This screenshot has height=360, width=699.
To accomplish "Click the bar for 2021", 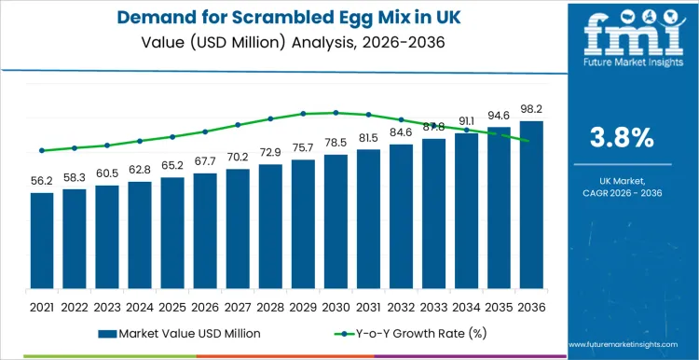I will click(x=42, y=246).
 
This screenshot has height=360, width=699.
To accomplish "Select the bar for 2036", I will click(x=531, y=210).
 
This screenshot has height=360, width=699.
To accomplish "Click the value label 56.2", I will click(x=42, y=182).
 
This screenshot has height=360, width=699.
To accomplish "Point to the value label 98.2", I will click(x=531, y=110).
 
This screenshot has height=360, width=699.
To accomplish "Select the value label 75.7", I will click(x=303, y=148).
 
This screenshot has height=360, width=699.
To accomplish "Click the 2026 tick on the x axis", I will click(x=205, y=306).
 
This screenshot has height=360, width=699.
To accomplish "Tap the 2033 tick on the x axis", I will click(x=433, y=306).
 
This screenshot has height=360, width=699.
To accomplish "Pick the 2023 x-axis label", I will click(x=107, y=306).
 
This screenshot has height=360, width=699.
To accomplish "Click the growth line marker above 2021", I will click(x=42, y=150).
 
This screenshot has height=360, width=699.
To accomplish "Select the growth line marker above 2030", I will click(x=336, y=113).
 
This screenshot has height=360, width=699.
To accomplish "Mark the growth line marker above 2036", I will click(x=531, y=142).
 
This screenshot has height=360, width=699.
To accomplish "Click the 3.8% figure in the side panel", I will click(x=622, y=138).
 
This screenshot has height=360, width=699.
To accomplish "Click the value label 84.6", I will click(x=401, y=132).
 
